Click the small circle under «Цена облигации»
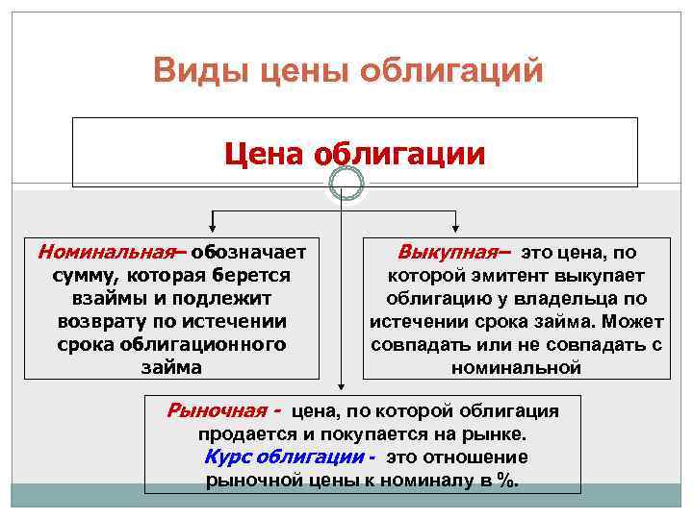[346, 183]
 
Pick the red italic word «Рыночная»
[218, 410]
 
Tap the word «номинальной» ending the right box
[516, 367]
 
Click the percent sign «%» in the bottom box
[505, 480]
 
